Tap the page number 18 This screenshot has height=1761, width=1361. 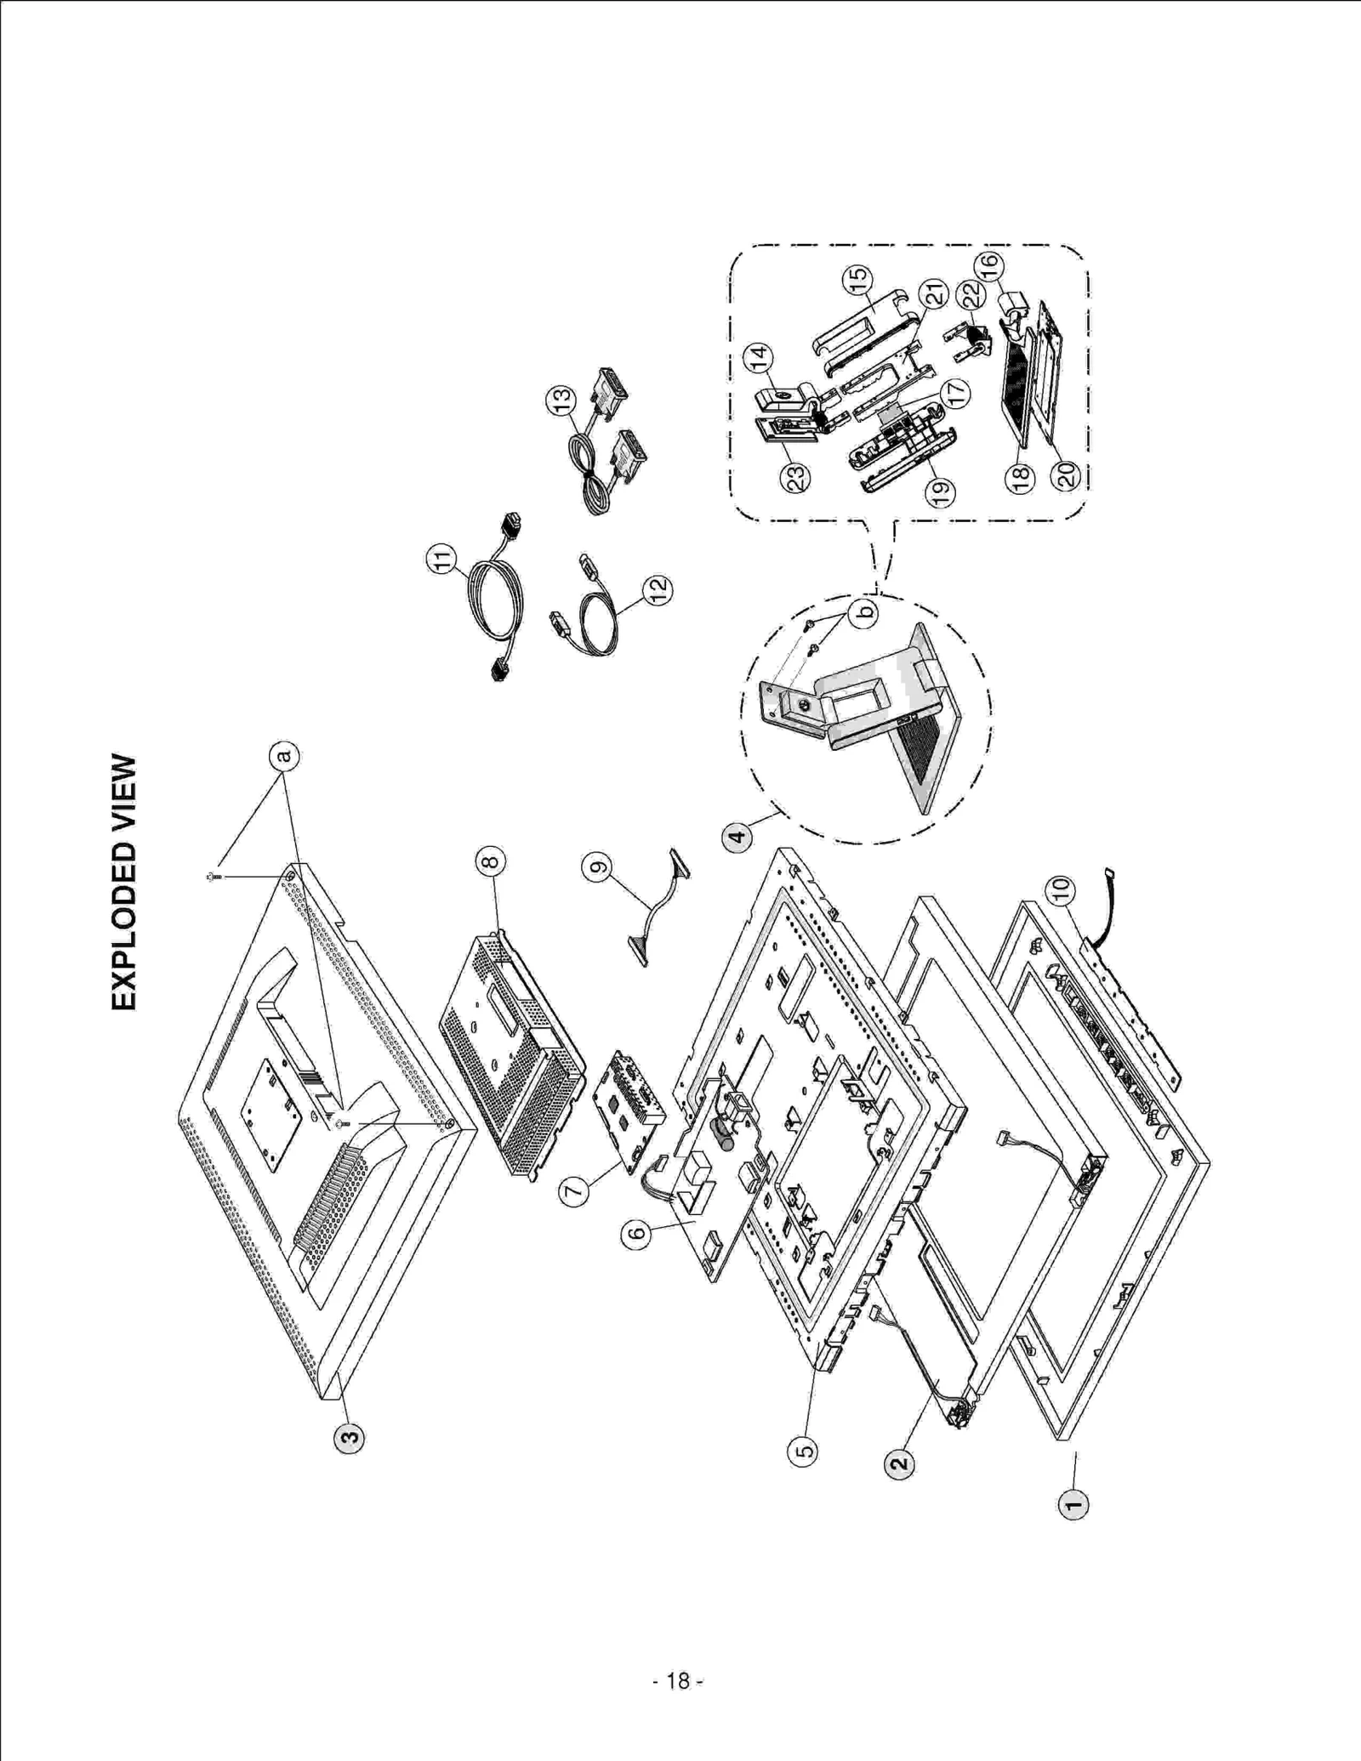click(678, 1681)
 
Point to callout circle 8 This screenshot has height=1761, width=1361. click(490, 862)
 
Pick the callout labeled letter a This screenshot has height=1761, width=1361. click(285, 755)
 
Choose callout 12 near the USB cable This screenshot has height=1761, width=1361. click(657, 589)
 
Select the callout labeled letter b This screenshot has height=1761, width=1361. click(864, 612)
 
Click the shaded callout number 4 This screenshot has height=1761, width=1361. click(737, 837)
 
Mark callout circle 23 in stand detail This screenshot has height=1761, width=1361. click(795, 476)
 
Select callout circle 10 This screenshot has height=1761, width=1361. click(1061, 890)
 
